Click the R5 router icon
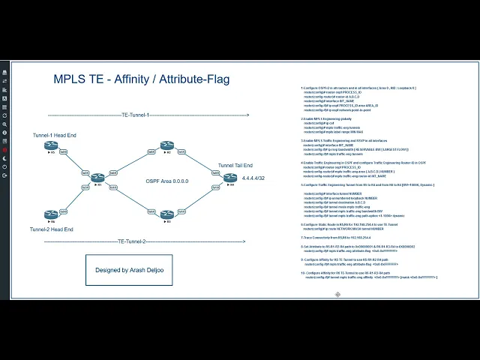pyautogui.click(x=52, y=152)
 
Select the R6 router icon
pyautogui.click(x=52, y=214)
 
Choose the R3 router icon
pyautogui.click(x=166, y=214)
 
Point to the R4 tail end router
pyautogui.click(x=230, y=177)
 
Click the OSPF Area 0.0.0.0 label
pyautogui.click(x=166, y=181)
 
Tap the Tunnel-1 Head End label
pyautogui.click(x=55, y=136)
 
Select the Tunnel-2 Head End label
pyautogui.click(x=52, y=229)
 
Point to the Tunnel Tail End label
pyautogui.click(x=235, y=165)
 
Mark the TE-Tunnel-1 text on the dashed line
pyautogui.click(x=135, y=115)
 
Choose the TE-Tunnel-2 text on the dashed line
pyautogui.click(x=132, y=241)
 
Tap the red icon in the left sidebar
pyautogui.click(x=5, y=150)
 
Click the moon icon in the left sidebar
pyautogui.click(x=5, y=124)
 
